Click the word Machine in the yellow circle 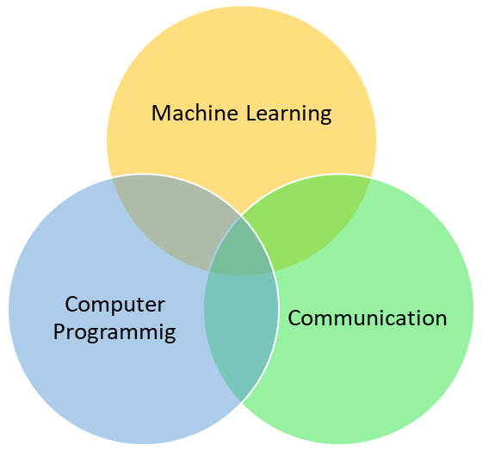tap(195, 113)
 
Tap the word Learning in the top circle tap(288, 114)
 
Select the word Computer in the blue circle tap(115, 306)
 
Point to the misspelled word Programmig tap(114, 333)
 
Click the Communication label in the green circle tap(368, 318)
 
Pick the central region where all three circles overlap tap(241, 249)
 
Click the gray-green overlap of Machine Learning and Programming tap(172, 219)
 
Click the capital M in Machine tap(160, 113)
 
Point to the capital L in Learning tap(251, 113)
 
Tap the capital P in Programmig tap(59, 331)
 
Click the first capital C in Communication tap(294, 318)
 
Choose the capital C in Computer tap(72, 305)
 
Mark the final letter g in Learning tap(325, 117)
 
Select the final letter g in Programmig tap(170, 336)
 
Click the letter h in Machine tap(208, 113)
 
